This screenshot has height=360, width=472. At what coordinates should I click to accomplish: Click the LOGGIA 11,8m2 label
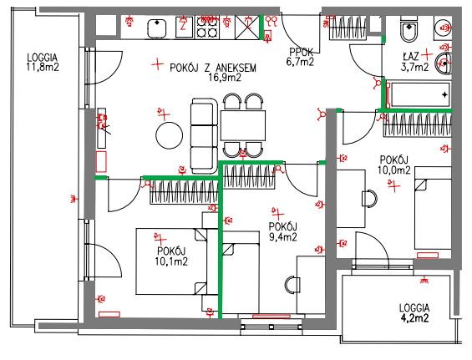point(43,63)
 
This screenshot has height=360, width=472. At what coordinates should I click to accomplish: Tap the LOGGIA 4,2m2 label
point(414,313)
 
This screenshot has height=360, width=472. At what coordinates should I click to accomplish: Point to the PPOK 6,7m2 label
point(301,57)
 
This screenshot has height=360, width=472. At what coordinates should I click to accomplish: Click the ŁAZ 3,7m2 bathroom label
point(414,62)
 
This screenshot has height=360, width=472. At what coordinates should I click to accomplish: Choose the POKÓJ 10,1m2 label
point(171,256)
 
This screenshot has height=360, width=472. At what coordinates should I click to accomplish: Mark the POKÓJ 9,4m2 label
point(283,231)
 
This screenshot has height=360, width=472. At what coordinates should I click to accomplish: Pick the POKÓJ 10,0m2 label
point(394,165)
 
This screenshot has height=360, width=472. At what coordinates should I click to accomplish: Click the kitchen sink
point(157,28)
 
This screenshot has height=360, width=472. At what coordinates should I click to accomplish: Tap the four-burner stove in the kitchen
point(207,28)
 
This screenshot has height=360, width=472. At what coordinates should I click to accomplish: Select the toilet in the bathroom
point(409,29)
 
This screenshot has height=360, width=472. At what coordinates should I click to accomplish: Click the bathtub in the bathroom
point(419,94)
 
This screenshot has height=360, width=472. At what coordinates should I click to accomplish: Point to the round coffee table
point(170,135)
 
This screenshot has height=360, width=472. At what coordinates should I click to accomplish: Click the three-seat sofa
point(204,136)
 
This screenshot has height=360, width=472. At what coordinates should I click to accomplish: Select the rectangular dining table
point(243,125)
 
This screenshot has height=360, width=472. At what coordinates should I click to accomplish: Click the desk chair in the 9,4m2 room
point(292,285)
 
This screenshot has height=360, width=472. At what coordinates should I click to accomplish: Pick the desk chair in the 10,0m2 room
point(369,199)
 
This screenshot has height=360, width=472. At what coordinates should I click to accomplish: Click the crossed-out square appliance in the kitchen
point(247,28)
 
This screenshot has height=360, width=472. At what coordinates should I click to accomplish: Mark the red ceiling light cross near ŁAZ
point(427,54)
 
